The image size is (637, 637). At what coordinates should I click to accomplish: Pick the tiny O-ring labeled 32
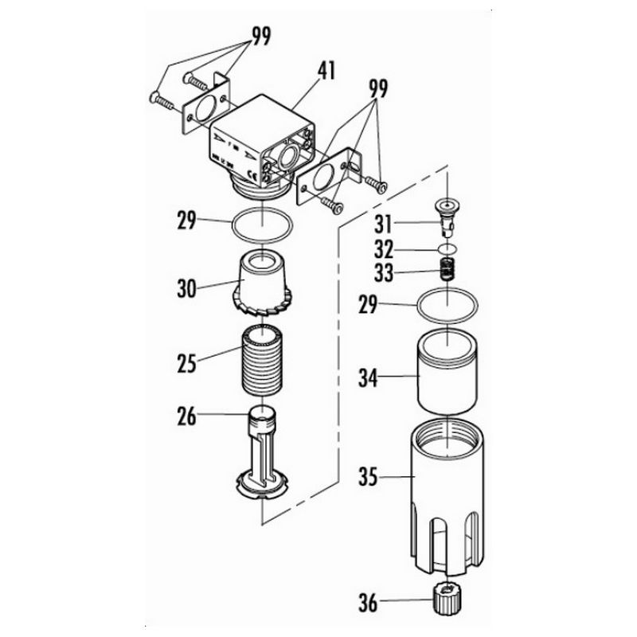(448, 248)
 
